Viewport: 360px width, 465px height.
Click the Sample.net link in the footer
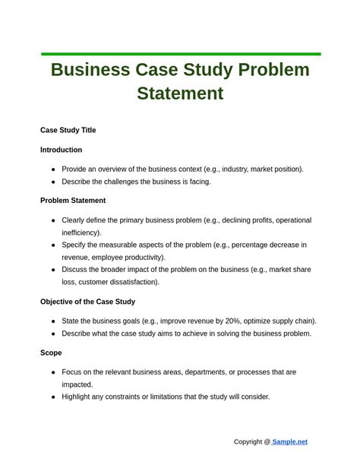(x=289, y=441)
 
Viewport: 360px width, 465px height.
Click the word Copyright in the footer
(x=248, y=441)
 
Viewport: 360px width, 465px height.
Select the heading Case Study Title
(x=68, y=130)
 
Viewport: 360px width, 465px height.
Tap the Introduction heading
(x=62, y=150)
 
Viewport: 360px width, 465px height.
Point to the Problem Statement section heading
(x=73, y=201)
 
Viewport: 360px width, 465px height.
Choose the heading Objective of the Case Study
(x=87, y=302)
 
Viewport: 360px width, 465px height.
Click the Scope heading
(x=51, y=353)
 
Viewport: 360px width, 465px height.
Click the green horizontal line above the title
(x=181, y=54)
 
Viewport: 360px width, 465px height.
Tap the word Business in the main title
(x=90, y=70)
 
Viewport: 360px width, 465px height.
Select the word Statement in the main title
(x=180, y=93)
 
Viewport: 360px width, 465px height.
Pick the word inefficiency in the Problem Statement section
(x=81, y=232)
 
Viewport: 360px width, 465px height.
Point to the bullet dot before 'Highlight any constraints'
(x=53, y=397)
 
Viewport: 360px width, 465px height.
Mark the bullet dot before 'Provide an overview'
(x=53, y=169)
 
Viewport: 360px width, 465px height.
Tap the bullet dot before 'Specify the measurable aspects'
(x=53, y=245)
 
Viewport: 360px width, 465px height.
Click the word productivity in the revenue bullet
(x=142, y=258)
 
